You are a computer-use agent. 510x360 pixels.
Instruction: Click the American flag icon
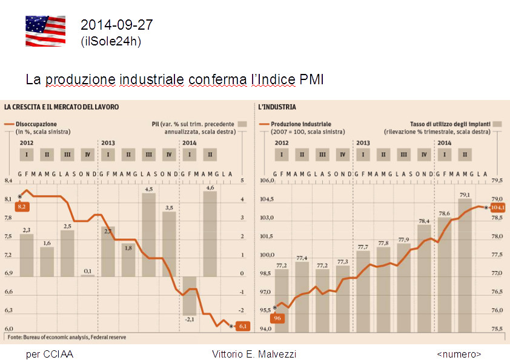pos(45,31)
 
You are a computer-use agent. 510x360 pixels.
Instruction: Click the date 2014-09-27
pos(116,25)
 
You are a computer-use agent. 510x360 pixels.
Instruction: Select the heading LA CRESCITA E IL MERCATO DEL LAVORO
pos(61,107)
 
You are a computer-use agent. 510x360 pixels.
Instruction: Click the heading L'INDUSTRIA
pos(277,107)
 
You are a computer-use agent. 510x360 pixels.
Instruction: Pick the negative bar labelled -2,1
pos(190,296)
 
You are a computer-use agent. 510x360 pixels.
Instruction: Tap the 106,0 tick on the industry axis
pos(267,181)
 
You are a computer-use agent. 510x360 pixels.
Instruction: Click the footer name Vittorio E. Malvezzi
pos(254,354)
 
